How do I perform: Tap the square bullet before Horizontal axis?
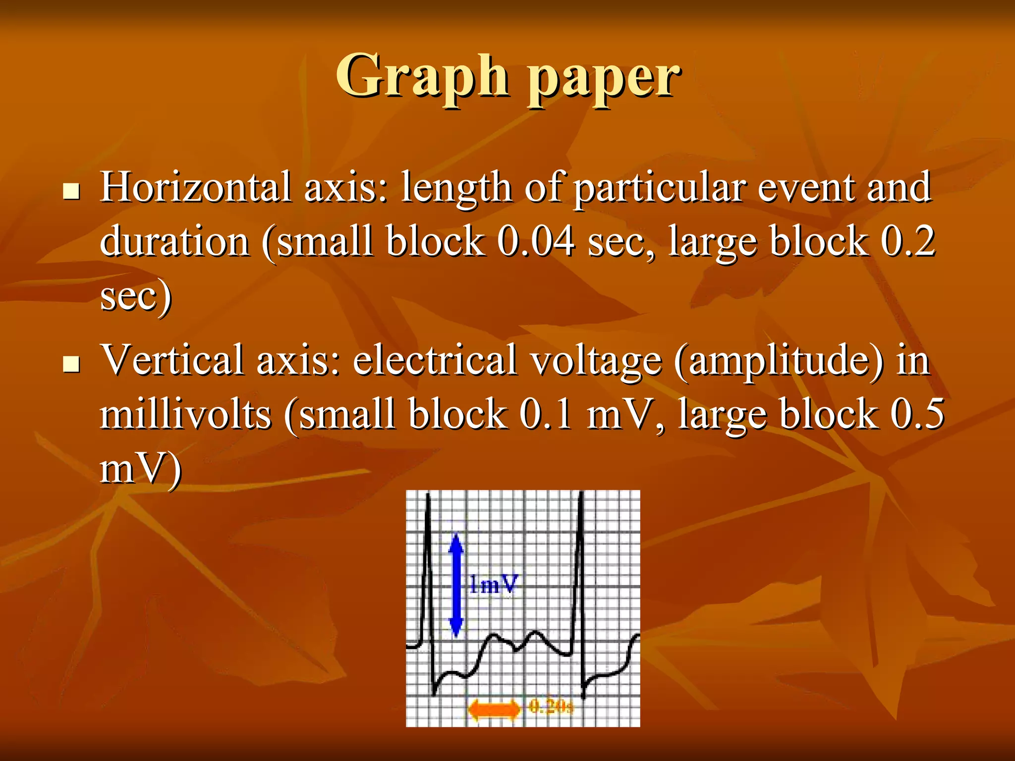tap(72, 191)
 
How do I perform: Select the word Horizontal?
tap(196, 187)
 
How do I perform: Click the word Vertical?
tap(172, 360)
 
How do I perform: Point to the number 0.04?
tap(536, 241)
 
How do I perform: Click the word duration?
tap(174, 241)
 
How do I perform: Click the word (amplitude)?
tap(779, 362)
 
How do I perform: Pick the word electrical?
tap(435, 360)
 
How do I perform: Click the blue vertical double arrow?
tap(456, 585)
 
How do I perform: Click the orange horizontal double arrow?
tap(494, 709)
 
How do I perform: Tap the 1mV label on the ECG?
tap(493, 585)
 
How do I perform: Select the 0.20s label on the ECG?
tap(551, 706)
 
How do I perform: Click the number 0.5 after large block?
tap(916, 414)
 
